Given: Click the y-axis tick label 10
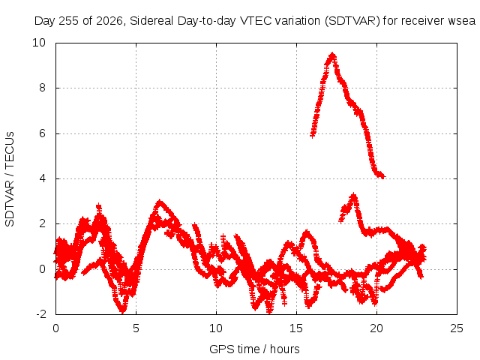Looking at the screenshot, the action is [39, 43].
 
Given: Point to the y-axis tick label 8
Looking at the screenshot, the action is [42, 88].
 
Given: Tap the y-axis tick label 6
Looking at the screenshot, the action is [42, 133].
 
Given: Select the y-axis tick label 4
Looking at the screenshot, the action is [42, 178].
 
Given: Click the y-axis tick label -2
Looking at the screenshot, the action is [41, 314].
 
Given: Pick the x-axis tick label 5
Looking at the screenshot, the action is [136, 328].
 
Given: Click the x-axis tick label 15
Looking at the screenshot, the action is [296, 328].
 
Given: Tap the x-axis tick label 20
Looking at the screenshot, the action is [376, 328].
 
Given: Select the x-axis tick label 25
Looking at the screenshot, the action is [457, 328].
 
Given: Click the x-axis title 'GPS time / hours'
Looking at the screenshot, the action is [254, 349].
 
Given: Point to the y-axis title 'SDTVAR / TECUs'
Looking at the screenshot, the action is [10, 179].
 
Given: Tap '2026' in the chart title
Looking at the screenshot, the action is [109, 21].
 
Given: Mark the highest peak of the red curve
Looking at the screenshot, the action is [332, 55].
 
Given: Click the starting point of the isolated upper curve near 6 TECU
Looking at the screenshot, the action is [312, 135].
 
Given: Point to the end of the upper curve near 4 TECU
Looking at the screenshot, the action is [383, 176].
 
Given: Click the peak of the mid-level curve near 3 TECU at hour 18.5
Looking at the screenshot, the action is [354, 195].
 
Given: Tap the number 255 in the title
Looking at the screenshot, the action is [68, 21].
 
